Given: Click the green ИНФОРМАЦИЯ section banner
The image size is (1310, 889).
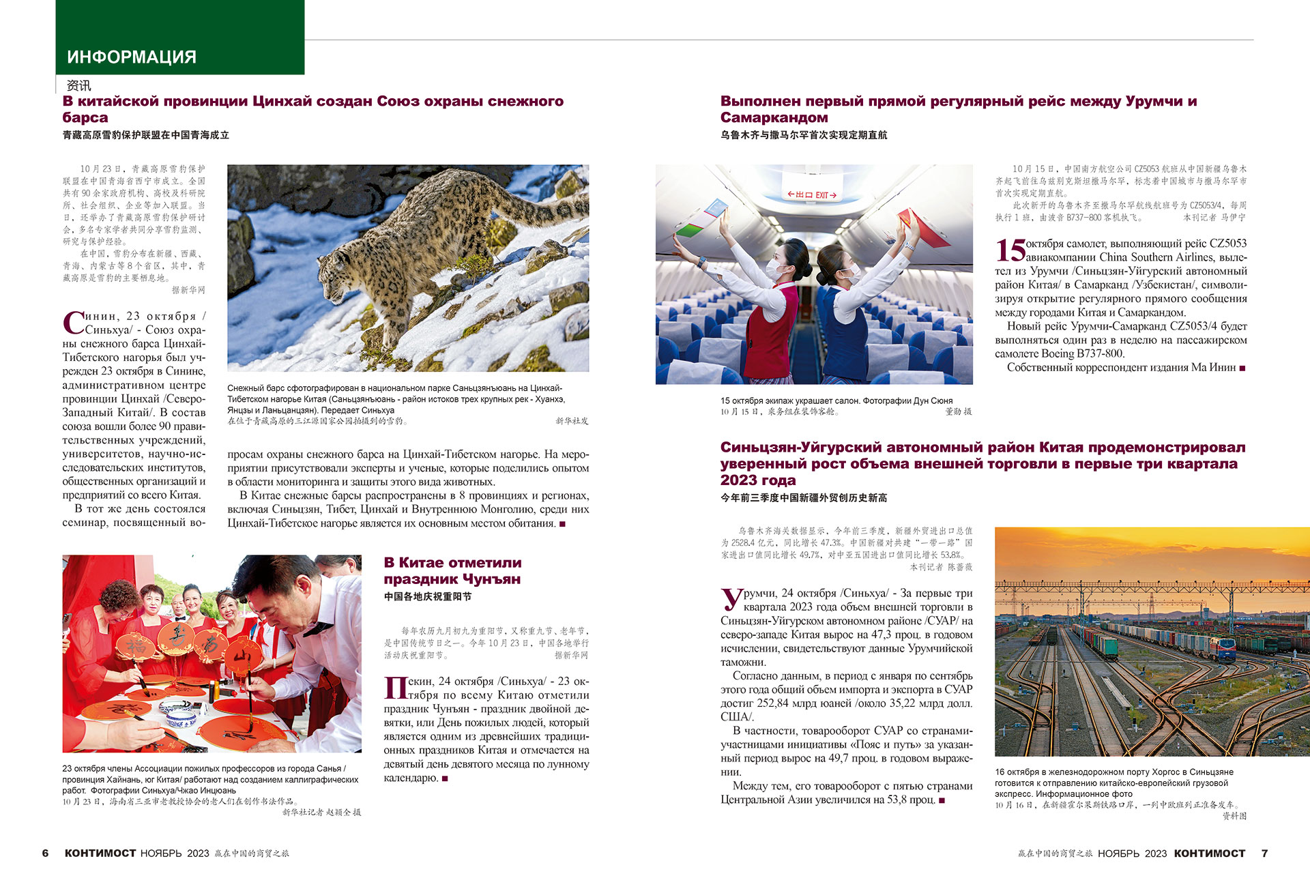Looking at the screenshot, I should tap(179, 38).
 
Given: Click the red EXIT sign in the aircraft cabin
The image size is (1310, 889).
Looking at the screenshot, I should tap(811, 195).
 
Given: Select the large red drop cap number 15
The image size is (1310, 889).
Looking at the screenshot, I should tap(1010, 250).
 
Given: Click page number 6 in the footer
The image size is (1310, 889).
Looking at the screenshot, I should tap(46, 853).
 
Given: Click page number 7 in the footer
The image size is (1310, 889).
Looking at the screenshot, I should tap(1264, 853).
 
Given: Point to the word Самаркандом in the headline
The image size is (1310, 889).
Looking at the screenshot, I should tap(774, 117).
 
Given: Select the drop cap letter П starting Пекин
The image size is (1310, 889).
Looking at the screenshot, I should tap(396, 688).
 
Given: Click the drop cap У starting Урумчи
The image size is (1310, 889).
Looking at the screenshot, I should tap(731, 599).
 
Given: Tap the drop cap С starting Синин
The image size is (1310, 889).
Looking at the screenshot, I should tap(73, 322).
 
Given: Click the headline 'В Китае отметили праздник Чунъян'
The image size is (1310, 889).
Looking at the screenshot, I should tap(452, 570).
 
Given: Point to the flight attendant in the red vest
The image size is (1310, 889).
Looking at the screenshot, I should tap(772, 307).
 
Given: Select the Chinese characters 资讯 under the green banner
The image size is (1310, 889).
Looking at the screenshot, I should tap(78, 86).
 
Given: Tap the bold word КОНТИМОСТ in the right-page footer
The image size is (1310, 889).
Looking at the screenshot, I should tap(1209, 853).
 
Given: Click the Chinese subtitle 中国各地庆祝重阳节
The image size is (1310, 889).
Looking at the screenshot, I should tap(427, 596).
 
